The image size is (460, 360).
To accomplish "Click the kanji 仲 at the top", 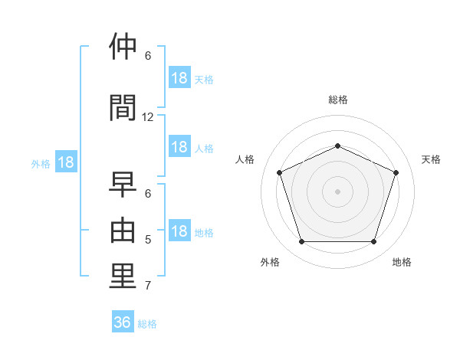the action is click(123, 46).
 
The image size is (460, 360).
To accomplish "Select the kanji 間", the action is click(123, 107).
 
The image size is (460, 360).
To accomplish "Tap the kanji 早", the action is click(123, 184).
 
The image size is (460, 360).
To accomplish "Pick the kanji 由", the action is click(123, 230).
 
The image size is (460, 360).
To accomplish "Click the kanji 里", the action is click(123, 276).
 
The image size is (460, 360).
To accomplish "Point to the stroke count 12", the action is click(147, 117).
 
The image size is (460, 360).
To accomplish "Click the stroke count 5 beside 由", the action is click(148, 240).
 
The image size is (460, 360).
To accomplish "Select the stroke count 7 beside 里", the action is click(148, 286).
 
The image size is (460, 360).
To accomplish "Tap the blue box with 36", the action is click(123, 321).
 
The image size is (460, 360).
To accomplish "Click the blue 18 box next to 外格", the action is click(66, 162).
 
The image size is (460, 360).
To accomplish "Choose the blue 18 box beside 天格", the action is click(179, 77).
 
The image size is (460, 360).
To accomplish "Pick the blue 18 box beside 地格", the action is click(179, 230).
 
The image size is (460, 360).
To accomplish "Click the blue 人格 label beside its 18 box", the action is click(204, 149).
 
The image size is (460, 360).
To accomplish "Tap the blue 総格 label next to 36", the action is click(147, 324).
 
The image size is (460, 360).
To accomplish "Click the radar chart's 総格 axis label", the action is click(338, 100).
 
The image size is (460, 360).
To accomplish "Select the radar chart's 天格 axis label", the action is click(431, 159).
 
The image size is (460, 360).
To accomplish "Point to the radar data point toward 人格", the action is click(280, 172).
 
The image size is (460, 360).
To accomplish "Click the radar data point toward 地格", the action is click(374, 242).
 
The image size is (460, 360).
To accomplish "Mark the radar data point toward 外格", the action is click(302, 242).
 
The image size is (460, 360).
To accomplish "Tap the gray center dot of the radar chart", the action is click(337, 191).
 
